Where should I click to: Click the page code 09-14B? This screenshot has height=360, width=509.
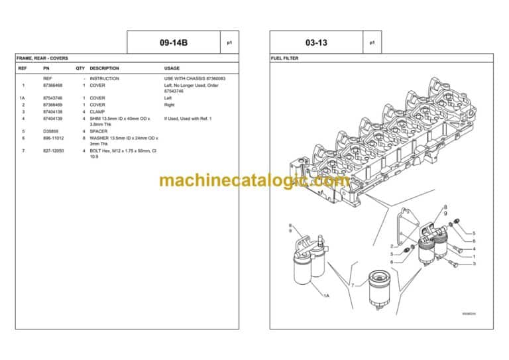point(174,42)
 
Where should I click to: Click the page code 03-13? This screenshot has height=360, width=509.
point(317,42)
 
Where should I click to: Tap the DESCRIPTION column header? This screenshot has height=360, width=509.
point(104,68)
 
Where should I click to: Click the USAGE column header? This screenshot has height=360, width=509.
point(172,68)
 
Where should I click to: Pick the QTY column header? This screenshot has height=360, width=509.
point(80,68)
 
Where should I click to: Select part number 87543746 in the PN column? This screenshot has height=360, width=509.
point(52,98)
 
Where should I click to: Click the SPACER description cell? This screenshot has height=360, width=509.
point(99,131)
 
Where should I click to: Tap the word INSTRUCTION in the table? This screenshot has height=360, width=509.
point(104,78)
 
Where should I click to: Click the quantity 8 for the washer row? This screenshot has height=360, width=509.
point(84,138)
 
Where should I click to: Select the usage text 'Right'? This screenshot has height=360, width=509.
point(169,105)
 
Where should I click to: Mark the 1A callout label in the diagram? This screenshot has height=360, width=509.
point(326,296)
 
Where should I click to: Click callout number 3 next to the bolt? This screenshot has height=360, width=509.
point(474,264)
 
